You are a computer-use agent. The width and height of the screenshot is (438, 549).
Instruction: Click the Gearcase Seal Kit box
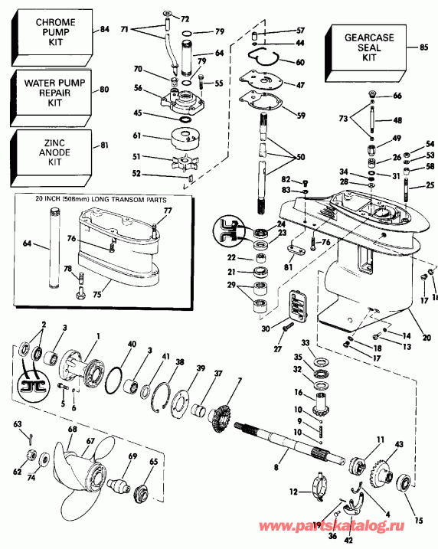(x=361, y=47)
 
